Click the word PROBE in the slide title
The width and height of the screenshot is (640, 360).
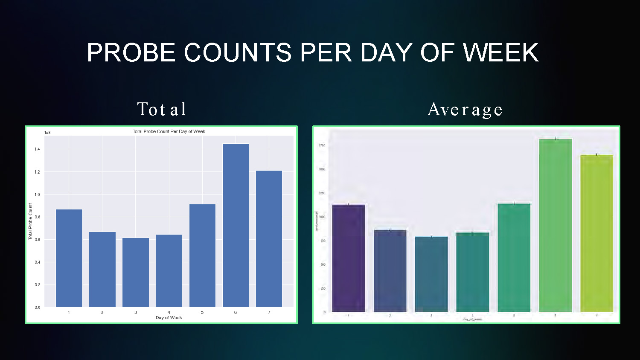pyautogui.click(x=131, y=52)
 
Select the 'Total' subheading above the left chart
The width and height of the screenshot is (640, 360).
pyautogui.click(x=162, y=109)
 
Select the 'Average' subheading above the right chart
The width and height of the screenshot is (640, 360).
pyautogui.click(x=465, y=110)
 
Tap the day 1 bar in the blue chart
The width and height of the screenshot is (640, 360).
pyautogui.click(x=69, y=258)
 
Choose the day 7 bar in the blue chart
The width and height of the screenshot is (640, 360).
pyautogui.click(x=269, y=239)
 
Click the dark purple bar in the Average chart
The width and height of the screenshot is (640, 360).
pyautogui.click(x=349, y=258)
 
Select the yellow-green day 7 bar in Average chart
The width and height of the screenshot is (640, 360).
pyautogui.click(x=596, y=233)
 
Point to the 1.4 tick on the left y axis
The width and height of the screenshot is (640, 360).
pyautogui.click(x=38, y=149)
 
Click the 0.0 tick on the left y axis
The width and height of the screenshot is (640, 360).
pyautogui.click(x=38, y=307)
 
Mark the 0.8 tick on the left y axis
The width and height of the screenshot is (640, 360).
pyautogui.click(x=38, y=217)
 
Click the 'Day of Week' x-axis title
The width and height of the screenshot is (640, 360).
pyautogui.click(x=169, y=318)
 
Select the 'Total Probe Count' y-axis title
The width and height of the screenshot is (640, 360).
pyautogui.click(x=30, y=221)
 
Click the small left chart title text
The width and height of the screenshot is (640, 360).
pyautogui.click(x=169, y=131)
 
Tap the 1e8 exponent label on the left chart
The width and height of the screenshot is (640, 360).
pyautogui.click(x=47, y=133)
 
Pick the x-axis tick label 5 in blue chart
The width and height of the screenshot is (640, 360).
pyautogui.click(x=202, y=313)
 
